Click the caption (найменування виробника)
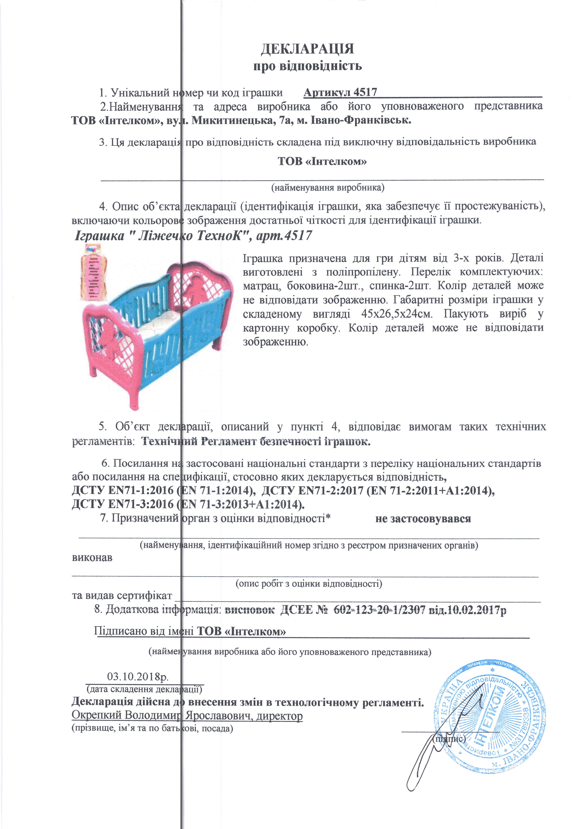click(x=328, y=187)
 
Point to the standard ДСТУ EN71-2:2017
click(x=312, y=491)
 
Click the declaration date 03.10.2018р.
click(x=138, y=676)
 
